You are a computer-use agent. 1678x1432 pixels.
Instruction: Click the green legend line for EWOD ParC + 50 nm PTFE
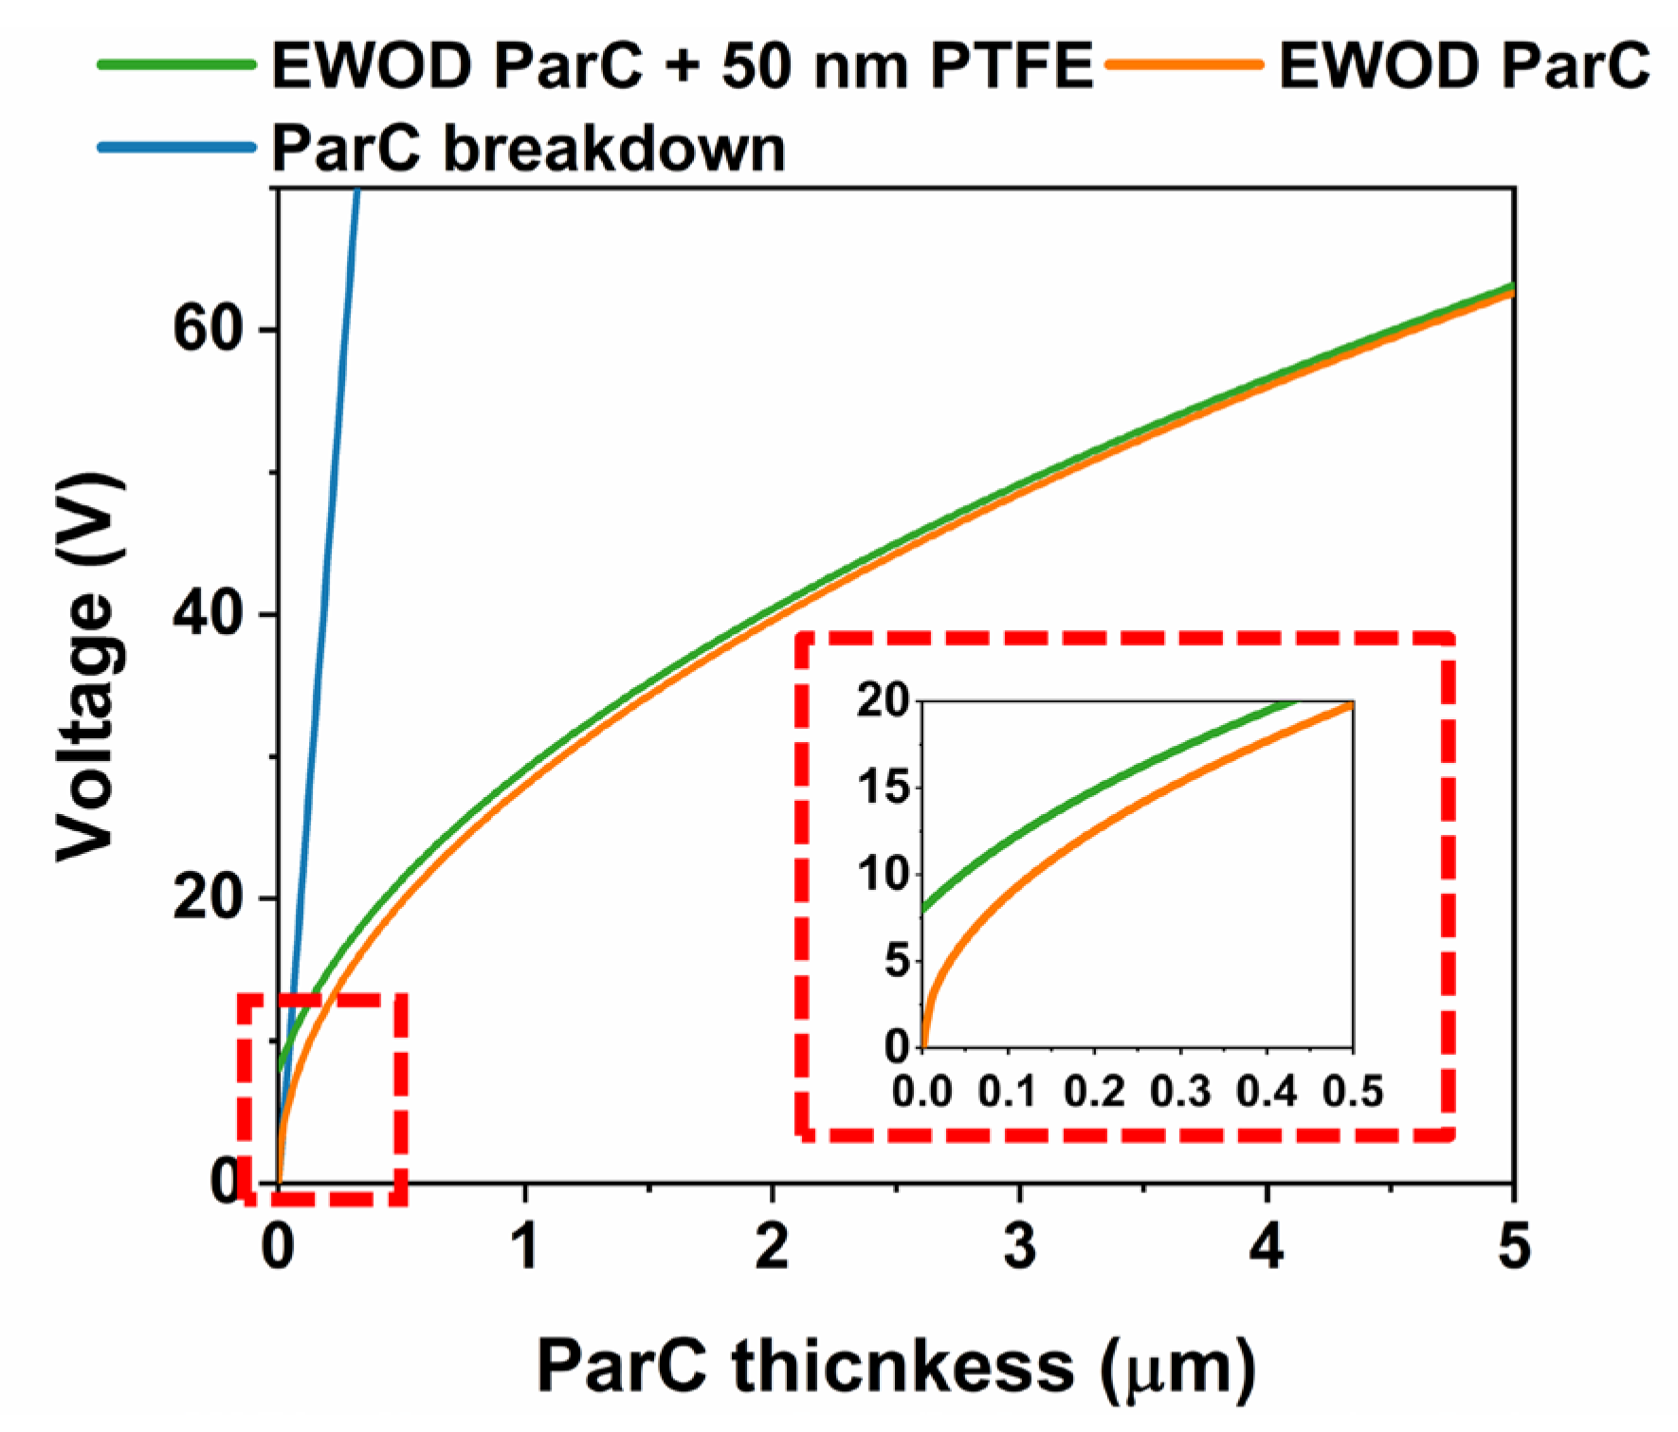click(x=177, y=65)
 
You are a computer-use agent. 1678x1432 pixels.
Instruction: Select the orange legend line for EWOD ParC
click(x=1184, y=65)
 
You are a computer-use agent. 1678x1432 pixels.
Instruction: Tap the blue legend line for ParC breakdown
click(x=177, y=147)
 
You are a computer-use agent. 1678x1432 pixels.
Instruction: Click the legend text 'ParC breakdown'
click(x=529, y=148)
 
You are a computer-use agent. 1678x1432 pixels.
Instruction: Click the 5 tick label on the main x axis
click(x=1514, y=1245)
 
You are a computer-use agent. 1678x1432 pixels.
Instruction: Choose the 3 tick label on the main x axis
click(x=1020, y=1245)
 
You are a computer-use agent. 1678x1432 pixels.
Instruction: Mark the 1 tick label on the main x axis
click(x=525, y=1245)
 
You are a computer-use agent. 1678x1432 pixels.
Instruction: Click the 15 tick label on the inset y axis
click(x=883, y=788)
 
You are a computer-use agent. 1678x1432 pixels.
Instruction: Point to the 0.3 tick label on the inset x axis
click(x=1180, y=1092)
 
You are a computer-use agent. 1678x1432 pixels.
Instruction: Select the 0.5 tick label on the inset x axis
click(x=1354, y=1092)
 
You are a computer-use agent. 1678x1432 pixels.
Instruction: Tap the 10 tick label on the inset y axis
click(x=883, y=874)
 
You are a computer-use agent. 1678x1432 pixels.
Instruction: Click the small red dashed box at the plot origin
click(x=322, y=1098)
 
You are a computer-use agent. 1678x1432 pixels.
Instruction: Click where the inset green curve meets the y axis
click(x=923, y=910)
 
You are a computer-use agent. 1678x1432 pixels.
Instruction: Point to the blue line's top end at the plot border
click(x=356, y=192)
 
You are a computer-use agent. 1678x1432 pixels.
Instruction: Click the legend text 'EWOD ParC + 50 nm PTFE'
click(x=683, y=65)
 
